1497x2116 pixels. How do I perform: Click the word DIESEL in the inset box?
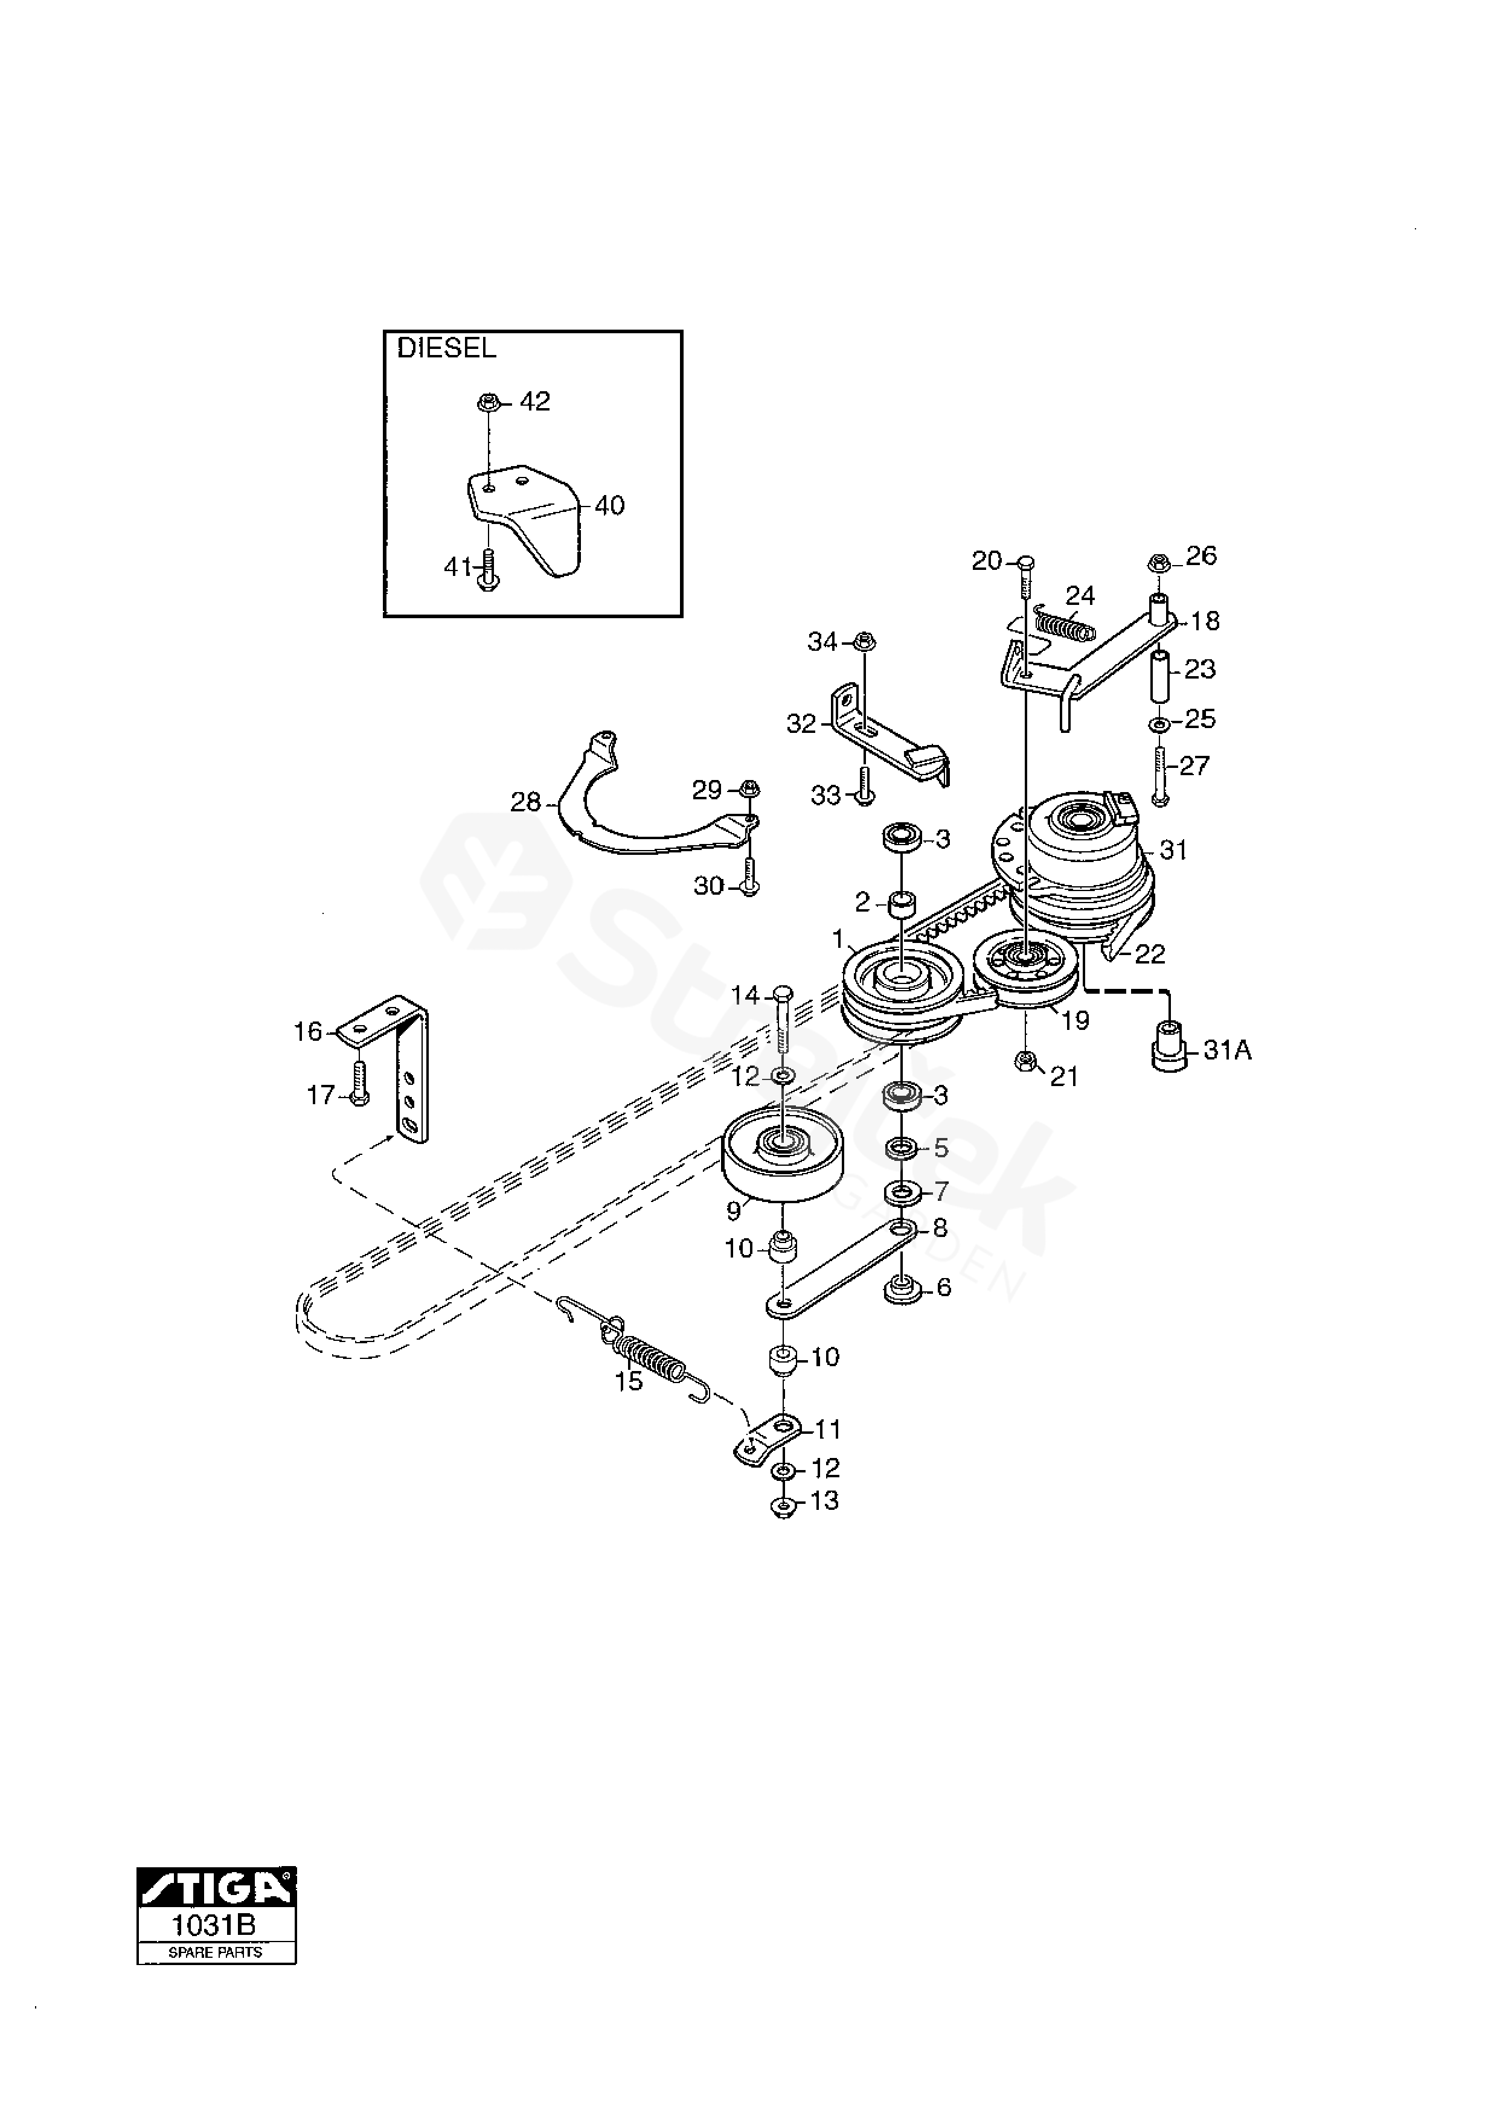coord(446,348)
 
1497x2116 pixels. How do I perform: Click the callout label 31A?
coord(1227,1050)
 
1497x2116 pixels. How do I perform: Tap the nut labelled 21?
coord(1023,1064)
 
